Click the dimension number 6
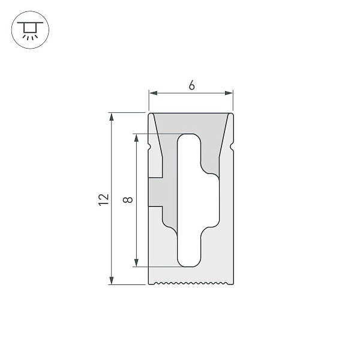(192, 85)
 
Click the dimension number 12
(104, 200)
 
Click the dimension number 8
(128, 200)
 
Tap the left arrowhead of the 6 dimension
(153, 93)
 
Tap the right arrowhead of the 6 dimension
(229, 93)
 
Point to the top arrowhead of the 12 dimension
(112, 117)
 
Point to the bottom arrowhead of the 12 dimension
(112, 280)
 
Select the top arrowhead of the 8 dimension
(136, 138)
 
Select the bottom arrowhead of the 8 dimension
(136, 263)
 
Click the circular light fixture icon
(31, 30)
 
